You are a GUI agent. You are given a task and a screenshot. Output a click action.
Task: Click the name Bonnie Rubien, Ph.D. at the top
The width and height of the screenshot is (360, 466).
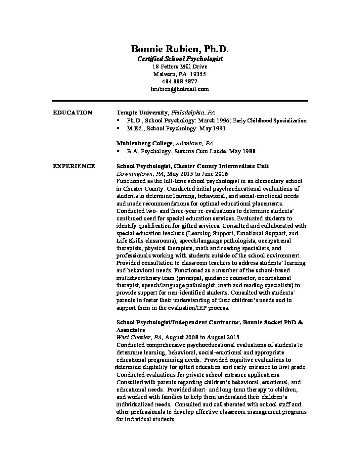tap(180, 49)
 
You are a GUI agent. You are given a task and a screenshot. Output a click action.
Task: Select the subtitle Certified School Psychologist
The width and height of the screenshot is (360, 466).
tap(180, 59)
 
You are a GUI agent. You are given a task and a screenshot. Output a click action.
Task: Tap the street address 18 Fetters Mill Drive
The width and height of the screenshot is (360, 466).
tap(180, 67)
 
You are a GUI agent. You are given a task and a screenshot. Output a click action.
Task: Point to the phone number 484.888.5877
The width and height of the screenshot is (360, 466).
tap(180, 81)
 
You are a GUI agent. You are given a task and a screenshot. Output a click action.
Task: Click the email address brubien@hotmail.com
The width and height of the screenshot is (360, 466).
tap(180, 89)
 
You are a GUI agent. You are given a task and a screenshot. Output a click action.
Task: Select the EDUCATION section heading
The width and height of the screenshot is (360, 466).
tap(72, 113)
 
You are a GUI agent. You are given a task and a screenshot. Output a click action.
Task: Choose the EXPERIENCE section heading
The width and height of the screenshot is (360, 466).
tap(74, 166)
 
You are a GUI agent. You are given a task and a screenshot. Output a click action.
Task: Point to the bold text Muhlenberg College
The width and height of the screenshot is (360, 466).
tap(145, 143)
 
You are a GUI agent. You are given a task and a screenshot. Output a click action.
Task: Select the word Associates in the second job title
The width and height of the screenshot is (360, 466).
tap(130, 330)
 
